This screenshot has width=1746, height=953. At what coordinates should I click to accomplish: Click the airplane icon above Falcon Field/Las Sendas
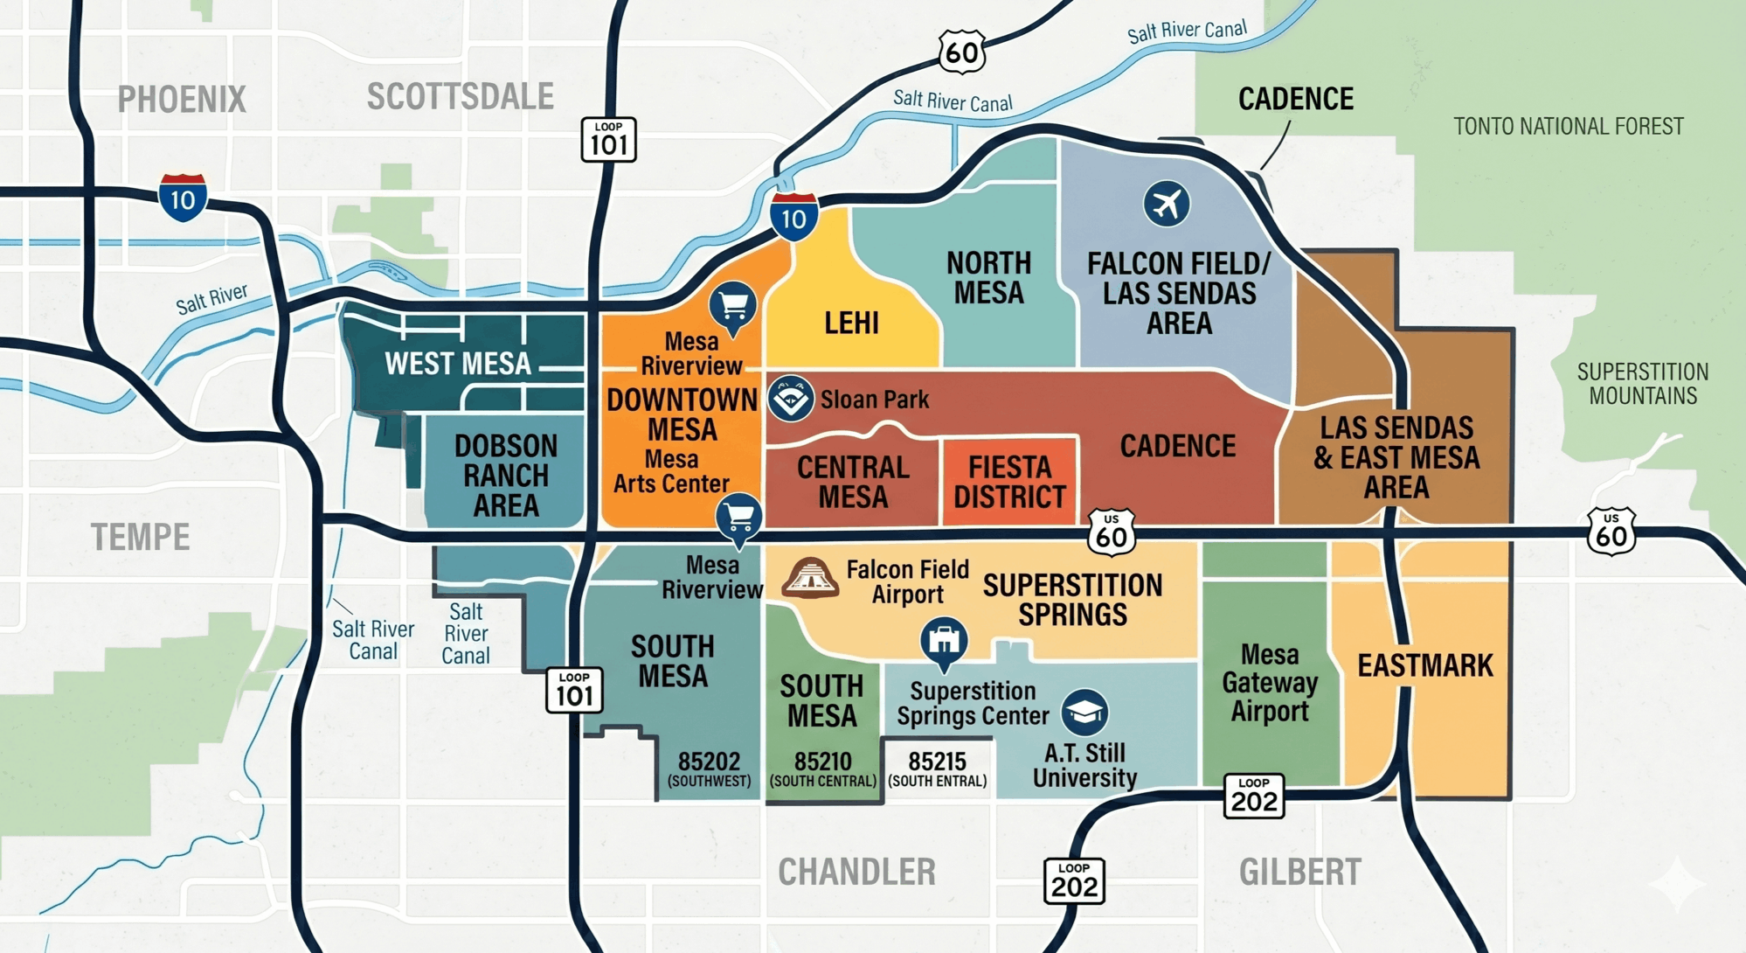coord(1166,205)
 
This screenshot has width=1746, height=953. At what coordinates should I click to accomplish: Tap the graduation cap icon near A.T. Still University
coord(1084,712)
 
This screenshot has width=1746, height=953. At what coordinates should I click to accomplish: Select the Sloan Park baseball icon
coord(791,398)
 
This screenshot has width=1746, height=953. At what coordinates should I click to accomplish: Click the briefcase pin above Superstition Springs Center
coord(944,642)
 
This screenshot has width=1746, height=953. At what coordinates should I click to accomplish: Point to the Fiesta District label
coord(1009,482)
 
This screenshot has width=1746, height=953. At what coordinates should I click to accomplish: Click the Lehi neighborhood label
coord(851,323)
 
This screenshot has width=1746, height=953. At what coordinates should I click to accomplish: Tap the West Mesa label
coord(457,364)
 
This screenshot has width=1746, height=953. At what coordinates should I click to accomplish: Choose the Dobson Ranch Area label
coord(505,476)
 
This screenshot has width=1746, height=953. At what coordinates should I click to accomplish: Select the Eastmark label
coord(1424,666)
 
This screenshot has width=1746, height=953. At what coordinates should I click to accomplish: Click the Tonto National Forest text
coord(1568,127)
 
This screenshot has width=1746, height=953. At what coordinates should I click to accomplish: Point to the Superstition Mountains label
coord(1642,384)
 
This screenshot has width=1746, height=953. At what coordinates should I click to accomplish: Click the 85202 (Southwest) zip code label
coord(709,769)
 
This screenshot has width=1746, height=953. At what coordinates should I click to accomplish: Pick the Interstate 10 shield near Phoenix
coord(183,198)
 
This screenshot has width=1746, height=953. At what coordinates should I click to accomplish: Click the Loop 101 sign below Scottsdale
coord(608,139)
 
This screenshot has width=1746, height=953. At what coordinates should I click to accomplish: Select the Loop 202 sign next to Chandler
coord(1074,880)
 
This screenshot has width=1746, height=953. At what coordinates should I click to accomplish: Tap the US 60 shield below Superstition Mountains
coord(1611,532)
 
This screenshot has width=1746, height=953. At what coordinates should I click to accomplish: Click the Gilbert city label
coord(1299,873)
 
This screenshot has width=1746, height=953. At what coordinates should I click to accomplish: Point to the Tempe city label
coord(140,537)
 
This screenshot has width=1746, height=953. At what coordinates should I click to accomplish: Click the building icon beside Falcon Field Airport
coord(810,578)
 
